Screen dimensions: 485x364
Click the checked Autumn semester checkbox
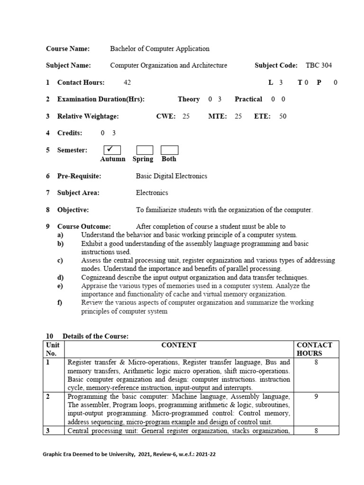(109, 150)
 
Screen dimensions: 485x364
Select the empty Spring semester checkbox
(145, 151)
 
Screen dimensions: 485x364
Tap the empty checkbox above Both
(169, 151)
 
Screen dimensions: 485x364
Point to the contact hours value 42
(127, 82)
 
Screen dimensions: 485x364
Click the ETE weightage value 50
(283, 116)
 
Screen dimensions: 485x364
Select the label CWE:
(166, 116)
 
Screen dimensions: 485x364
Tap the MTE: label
(218, 116)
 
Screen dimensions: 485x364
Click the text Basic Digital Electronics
(172, 176)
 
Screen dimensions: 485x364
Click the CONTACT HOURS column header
(314, 349)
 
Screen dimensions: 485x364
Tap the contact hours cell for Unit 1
(316, 362)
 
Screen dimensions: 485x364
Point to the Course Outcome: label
(84, 226)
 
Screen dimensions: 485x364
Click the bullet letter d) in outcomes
(60, 278)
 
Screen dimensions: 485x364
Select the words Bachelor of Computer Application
(160, 48)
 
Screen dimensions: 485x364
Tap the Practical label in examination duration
(248, 99)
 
